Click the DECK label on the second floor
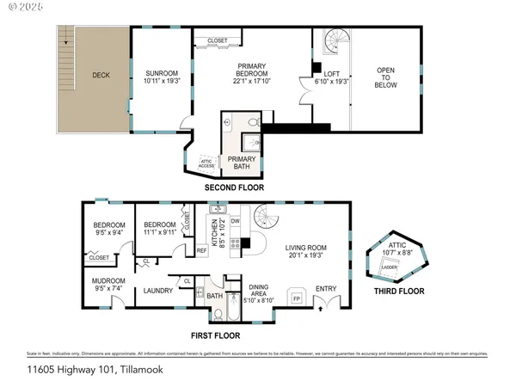[101, 75]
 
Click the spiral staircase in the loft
[332, 42]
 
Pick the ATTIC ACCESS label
[206, 162]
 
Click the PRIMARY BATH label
[240, 163]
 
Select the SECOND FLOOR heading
[233, 187]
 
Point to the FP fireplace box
[297, 298]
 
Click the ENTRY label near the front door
[327, 288]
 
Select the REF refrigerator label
[201, 250]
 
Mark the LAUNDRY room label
[159, 291]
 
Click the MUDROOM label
[109, 281]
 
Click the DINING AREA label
[259, 291]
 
